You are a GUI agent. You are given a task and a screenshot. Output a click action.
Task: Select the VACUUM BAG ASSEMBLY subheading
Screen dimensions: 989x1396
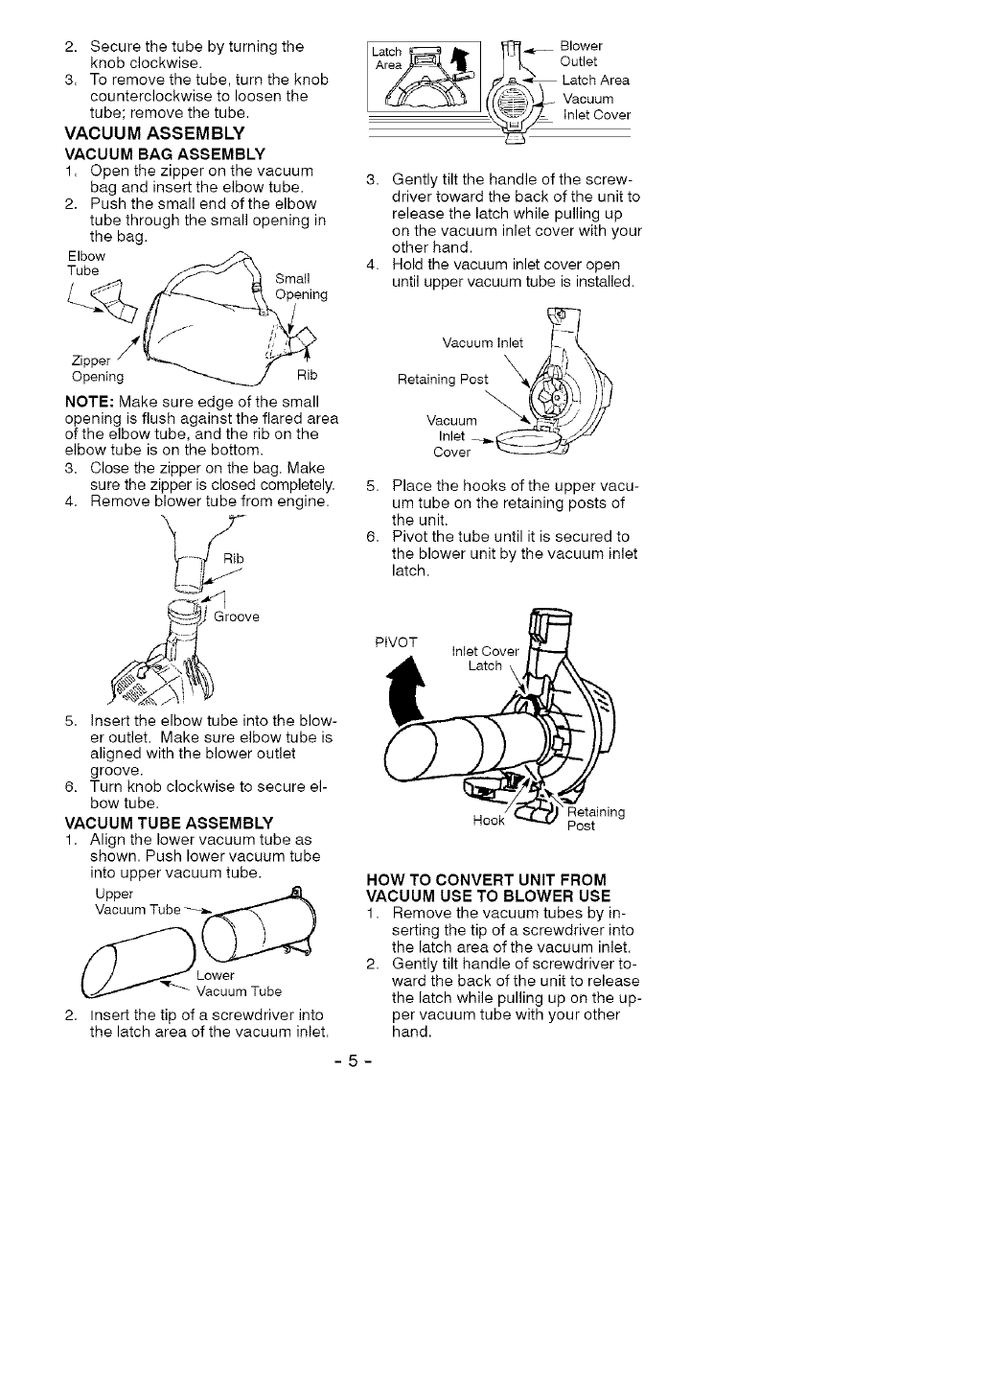tap(164, 153)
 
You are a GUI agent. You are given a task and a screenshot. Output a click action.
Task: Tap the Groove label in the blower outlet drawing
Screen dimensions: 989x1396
tap(237, 617)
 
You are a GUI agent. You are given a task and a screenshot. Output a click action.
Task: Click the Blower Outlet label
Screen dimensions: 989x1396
tap(581, 54)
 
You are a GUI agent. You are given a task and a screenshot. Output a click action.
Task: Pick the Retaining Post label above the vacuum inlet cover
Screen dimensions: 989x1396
tap(443, 380)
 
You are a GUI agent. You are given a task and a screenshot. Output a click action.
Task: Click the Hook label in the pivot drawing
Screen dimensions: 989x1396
tap(489, 822)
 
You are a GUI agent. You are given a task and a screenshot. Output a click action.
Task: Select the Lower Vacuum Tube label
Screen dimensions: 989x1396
tap(236, 984)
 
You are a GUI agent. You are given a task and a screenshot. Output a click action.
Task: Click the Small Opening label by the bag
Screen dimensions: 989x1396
tap(301, 287)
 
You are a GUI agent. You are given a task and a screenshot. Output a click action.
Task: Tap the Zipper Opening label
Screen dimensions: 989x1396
tap(98, 368)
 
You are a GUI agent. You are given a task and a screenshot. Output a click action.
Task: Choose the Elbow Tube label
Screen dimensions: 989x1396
tap(85, 264)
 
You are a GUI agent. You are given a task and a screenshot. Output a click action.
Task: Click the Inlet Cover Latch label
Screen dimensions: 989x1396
tap(484, 659)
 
